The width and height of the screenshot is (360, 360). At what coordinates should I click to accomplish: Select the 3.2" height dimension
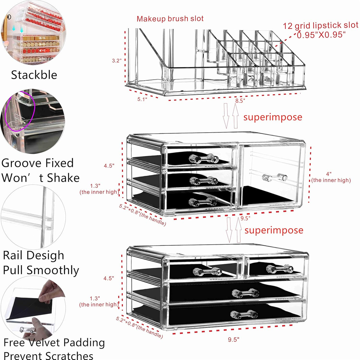click(x=117, y=61)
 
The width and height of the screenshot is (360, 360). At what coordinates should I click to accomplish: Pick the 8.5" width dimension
click(x=240, y=101)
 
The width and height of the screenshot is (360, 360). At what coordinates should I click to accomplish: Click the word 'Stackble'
click(x=34, y=75)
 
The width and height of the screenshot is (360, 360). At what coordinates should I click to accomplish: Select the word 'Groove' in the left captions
click(x=22, y=163)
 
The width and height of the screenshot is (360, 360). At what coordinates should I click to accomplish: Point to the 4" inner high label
click(x=331, y=177)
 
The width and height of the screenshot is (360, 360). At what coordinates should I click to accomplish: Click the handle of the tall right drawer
click(x=275, y=177)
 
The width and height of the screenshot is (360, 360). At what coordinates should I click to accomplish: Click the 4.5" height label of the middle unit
click(x=109, y=166)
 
